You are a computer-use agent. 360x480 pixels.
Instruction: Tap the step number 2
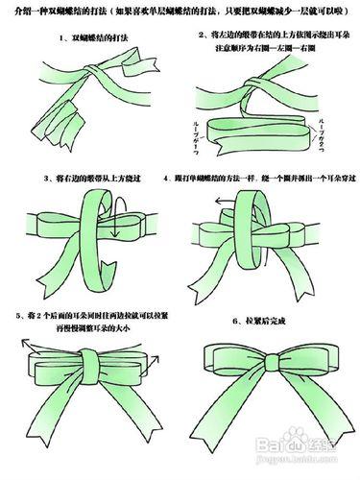tap(195, 32)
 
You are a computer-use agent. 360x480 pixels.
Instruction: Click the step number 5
tap(18, 315)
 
